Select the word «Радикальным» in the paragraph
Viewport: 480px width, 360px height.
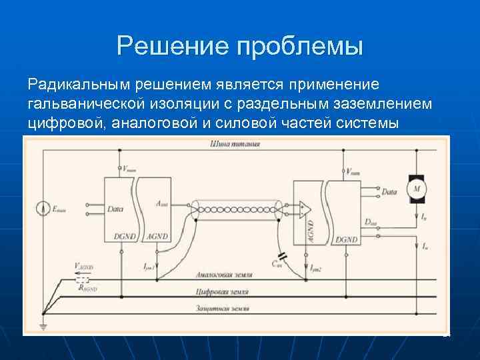(x=79, y=86)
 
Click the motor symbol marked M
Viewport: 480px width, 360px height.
(x=417, y=189)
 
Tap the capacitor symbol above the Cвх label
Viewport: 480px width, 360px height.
(x=282, y=255)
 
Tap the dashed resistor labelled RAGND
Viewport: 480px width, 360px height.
(x=83, y=281)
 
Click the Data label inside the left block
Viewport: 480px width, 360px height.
(x=115, y=209)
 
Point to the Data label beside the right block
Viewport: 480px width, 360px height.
(x=389, y=192)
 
